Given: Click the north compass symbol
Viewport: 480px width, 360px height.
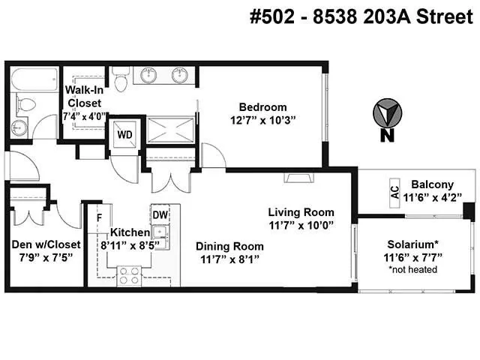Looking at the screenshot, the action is (x=387, y=113).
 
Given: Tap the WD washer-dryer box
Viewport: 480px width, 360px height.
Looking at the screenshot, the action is (x=125, y=134).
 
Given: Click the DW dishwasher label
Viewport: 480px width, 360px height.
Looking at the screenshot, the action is (x=160, y=215).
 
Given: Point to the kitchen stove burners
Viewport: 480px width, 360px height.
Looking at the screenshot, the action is (x=129, y=276).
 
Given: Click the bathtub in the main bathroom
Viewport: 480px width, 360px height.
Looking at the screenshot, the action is (x=34, y=79).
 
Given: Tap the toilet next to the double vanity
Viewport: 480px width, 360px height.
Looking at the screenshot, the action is (x=121, y=79).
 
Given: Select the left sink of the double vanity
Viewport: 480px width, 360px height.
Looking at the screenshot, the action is (x=148, y=75).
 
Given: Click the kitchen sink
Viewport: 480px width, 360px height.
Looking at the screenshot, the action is (x=160, y=232).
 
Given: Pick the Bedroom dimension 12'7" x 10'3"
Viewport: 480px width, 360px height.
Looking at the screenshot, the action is (x=263, y=121).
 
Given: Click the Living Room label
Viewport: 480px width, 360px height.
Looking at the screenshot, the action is (x=301, y=212).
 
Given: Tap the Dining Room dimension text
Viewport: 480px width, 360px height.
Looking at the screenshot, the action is (x=229, y=259).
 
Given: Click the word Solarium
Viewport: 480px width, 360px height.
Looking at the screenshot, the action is (x=412, y=244).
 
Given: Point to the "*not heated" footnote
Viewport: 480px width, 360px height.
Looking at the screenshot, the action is (x=412, y=270).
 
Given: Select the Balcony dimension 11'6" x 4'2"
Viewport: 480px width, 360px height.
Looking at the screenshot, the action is (x=432, y=198).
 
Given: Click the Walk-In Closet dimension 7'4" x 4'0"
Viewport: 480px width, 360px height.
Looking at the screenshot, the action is (x=84, y=117).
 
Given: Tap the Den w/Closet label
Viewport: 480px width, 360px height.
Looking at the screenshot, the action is (x=46, y=244).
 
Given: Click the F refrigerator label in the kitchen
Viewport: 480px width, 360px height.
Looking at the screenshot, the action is (x=99, y=218).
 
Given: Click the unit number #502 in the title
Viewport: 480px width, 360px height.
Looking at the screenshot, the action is (x=272, y=16).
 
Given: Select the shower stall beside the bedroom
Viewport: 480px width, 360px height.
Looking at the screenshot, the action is (x=170, y=130).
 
